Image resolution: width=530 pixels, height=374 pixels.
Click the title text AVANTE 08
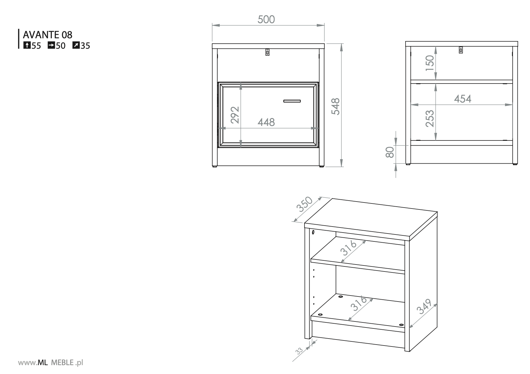[x=47, y=35]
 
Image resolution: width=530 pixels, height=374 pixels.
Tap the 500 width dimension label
[x=266, y=19]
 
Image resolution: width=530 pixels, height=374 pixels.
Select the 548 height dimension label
[x=335, y=106]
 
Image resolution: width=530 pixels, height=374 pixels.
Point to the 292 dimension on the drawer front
[x=235, y=115]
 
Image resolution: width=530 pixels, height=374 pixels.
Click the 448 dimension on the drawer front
[x=266, y=122]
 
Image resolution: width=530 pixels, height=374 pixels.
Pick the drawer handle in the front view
[x=292, y=101]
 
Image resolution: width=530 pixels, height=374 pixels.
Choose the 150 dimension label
[x=430, y=63]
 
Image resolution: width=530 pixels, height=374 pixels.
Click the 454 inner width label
[x=463, y=99]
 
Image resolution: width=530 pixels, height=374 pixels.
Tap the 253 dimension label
[x=430, y=119]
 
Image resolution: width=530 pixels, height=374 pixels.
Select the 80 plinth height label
[x=390, y=152]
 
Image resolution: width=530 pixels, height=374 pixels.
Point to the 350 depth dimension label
[x=305, y=204]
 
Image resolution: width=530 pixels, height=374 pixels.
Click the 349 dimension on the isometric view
[x=424, y=307]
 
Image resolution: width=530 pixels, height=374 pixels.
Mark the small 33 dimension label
[x=299, y=351]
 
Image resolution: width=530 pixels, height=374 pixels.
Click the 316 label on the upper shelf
[x=348, y=248]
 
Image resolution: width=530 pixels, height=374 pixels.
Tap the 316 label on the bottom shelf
[x=359, y=304]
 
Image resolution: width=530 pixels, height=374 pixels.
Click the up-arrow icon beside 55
[x=27, y=45]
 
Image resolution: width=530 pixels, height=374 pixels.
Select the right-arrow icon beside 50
[x=51, y=45]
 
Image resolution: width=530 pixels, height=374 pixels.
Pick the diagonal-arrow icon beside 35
[x=76, y=45]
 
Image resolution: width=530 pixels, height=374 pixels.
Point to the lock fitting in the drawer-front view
[x=267, y=52]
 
